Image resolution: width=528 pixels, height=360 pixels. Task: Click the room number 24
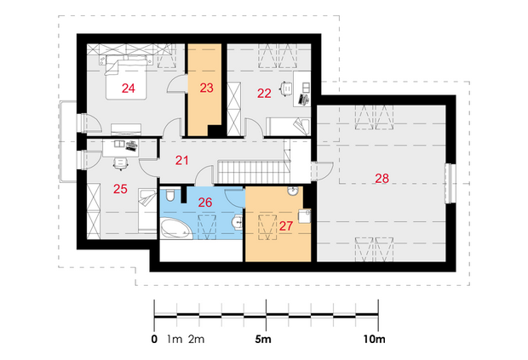point(129,89)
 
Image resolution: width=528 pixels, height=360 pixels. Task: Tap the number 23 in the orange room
point(206,88)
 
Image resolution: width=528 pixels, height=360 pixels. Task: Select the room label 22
point(264,94)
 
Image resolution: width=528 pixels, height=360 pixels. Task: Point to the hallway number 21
point(182,160)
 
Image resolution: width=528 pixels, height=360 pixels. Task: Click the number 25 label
point(120,189)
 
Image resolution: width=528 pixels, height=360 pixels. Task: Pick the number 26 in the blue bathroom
point(205,203)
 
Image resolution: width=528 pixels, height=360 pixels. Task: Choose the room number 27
point(286,226)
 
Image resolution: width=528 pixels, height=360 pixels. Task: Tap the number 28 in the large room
point(382,179)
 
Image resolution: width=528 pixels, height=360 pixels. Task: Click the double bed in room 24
point(126,77)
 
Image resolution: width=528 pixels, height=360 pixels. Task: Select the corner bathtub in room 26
point(175,229)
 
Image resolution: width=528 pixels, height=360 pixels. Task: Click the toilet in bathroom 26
point(170,196)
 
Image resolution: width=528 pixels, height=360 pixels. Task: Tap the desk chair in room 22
point(286,89)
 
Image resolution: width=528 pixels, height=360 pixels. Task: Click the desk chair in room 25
point(121,164)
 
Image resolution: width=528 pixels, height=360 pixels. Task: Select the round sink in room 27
point(293,191)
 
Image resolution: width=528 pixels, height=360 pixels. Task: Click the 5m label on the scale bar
point(263,339)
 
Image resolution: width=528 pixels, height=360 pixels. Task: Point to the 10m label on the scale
point(374,339)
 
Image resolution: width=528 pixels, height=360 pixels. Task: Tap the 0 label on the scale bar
point(154,339)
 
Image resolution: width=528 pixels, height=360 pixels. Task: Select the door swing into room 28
point(323,171)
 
